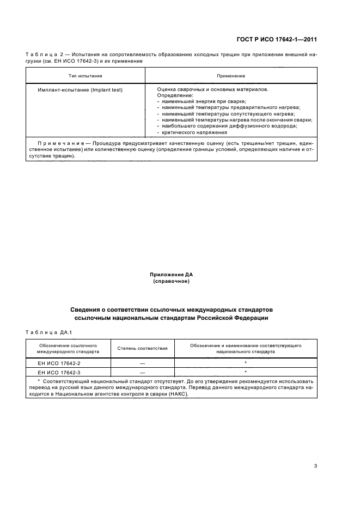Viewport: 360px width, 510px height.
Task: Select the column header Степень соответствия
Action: pyautogui.click(x=143, y=348)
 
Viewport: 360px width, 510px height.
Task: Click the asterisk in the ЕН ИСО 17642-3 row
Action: pyautogui.click(x=246, y=372)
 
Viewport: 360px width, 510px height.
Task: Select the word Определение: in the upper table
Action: pyautogui.click(x=171, y=95)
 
